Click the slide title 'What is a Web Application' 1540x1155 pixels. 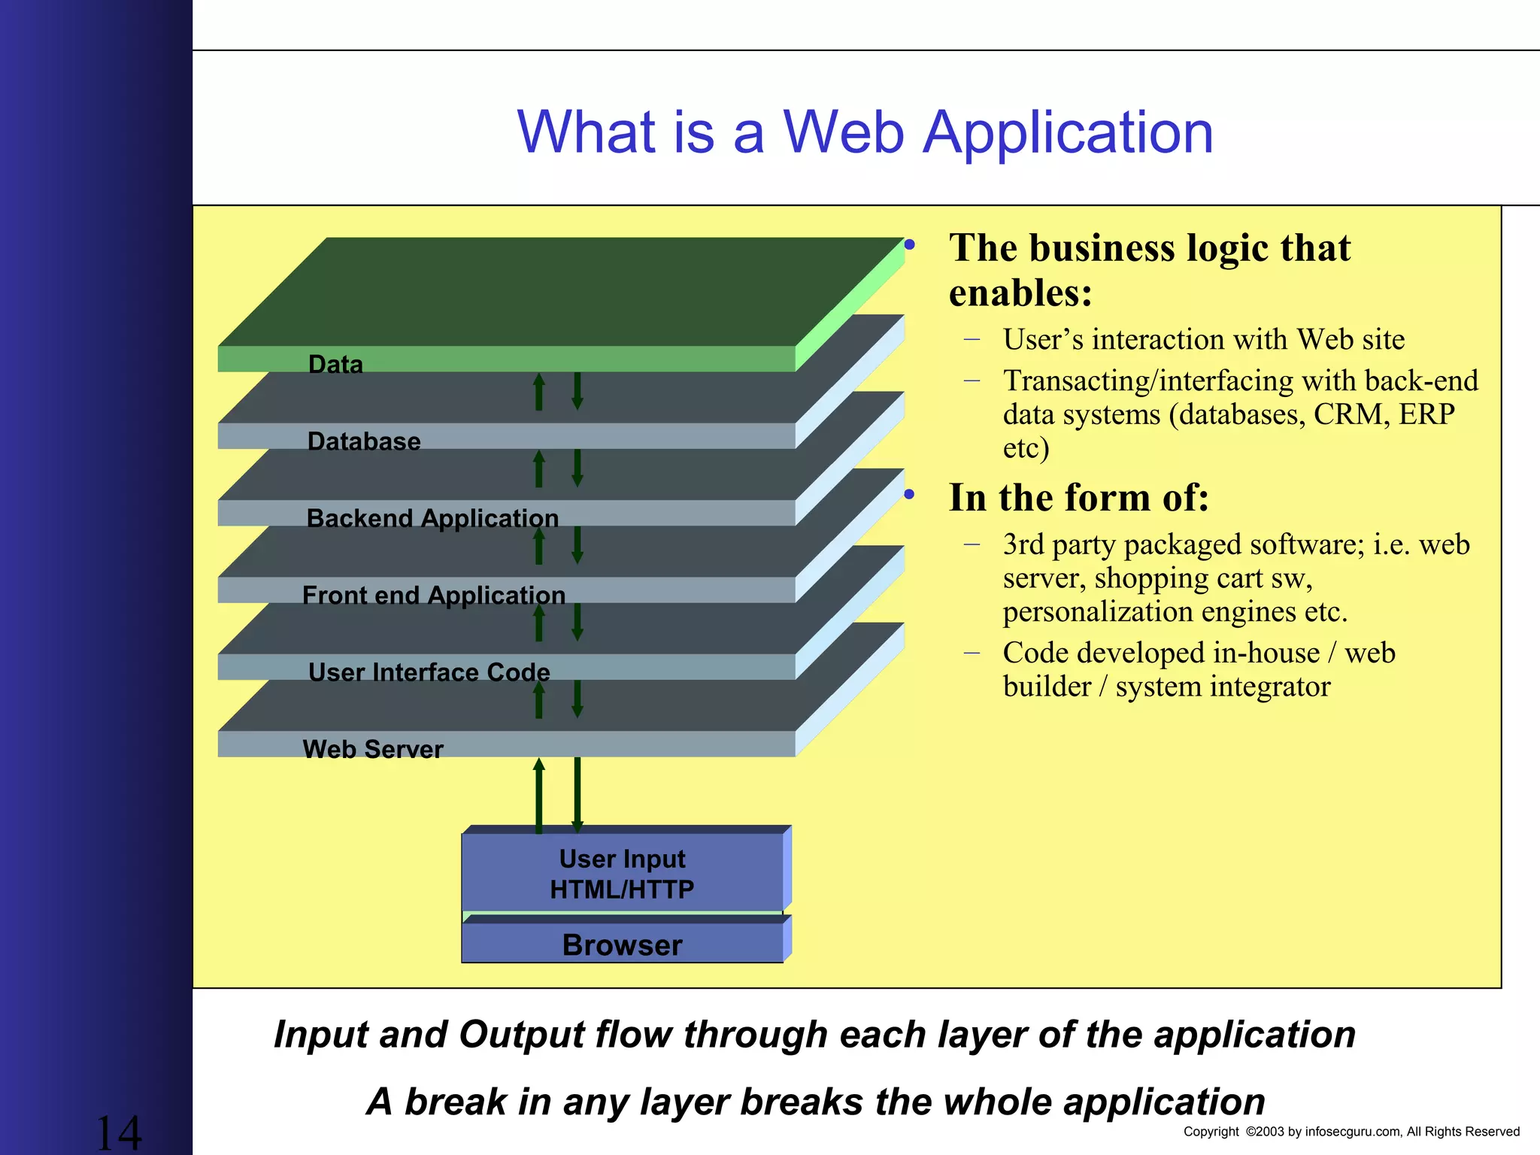(x=865, y=132)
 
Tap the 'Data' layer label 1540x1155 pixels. (x=335, y=365)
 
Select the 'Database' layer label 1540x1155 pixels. (x=364, y=441)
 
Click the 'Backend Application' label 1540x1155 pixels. (x=432, y=518)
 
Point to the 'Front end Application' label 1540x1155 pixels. (x=433, y=596)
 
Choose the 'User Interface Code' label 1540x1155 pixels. (x=429, y=672)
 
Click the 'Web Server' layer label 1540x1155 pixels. (x=373, y=749)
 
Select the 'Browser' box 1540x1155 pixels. (x=622, y=945)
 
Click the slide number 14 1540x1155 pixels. (x=119, y=1132)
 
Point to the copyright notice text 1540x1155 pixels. (x=1351, y=1132)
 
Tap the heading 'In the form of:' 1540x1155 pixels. (x=1078, y=498)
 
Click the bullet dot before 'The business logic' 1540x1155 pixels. (x=910, y=245)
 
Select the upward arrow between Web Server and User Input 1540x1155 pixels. (x=538, y=796)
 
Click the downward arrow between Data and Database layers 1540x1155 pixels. (x=577, y=392)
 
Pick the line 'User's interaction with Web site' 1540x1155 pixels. (x=1203, y=340)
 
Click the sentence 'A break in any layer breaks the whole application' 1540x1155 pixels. (x=816, y=1102)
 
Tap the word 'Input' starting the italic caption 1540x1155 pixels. (x=322, y=1035)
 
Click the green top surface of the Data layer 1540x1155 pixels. (x=556, y=293)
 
